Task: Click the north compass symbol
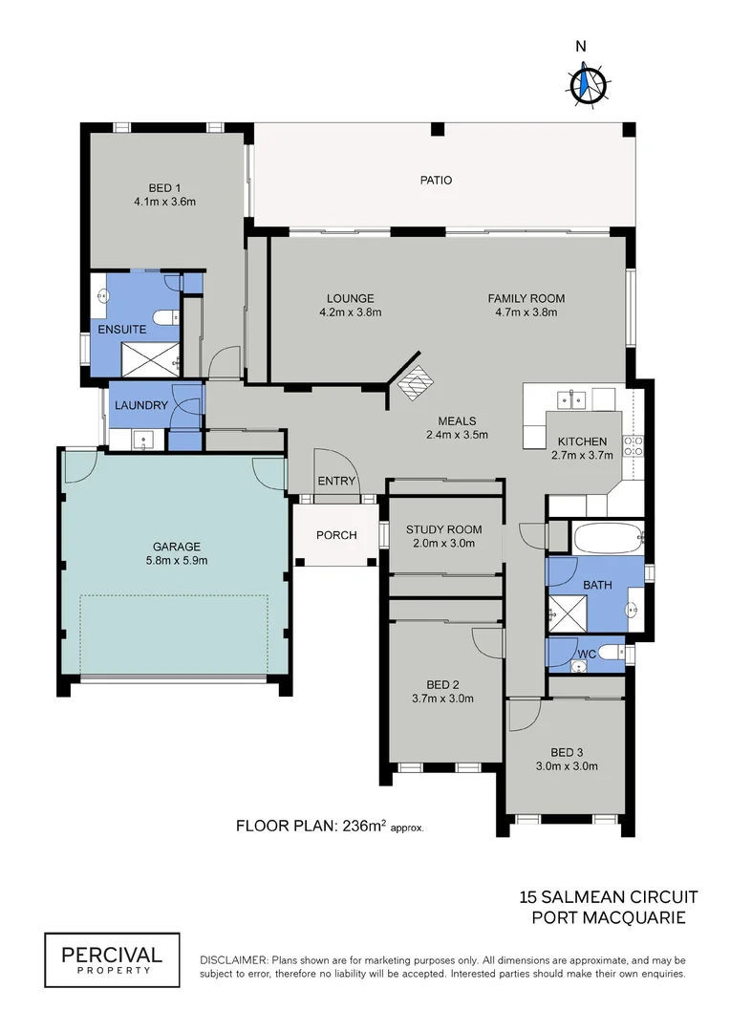587,84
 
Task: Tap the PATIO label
436,180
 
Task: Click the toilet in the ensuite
163,316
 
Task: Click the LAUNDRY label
141,405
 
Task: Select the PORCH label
336,535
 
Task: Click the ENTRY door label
336,481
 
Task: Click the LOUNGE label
350,298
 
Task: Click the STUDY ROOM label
443,529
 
